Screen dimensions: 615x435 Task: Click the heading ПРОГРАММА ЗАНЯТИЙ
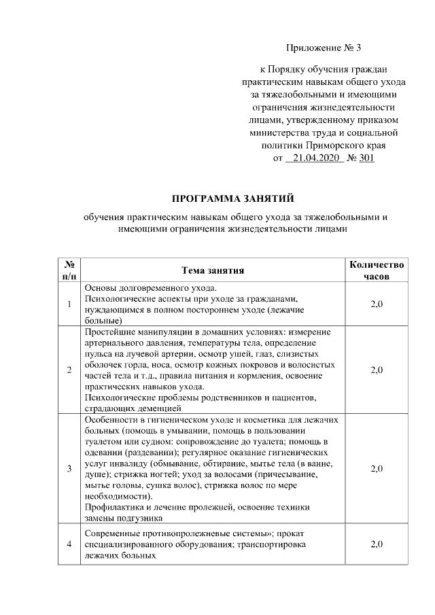coord(232,198)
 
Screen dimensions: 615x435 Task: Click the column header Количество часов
coord(375,270)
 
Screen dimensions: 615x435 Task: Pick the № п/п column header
coord(69,270)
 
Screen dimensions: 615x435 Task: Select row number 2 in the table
coord(69,370)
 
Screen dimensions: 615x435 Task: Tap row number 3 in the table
coord(69,469)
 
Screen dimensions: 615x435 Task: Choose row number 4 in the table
coord(69,545)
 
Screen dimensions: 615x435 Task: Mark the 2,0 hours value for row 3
coord(376,469)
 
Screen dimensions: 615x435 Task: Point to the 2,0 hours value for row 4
coord(376,545)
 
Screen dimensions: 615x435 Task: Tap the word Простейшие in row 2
coord(109,332)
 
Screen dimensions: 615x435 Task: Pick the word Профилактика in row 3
coord(113,507)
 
